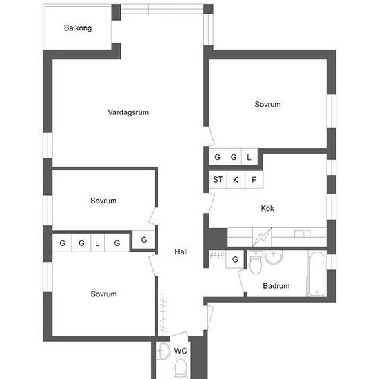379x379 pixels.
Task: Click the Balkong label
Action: click(78, 28)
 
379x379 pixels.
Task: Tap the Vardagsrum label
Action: click(128, 112)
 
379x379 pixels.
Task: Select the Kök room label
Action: click(267, 208)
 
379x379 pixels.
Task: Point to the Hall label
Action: click(181, 252)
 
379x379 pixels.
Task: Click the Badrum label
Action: click(276, 286)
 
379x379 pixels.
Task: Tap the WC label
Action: click(181, 351)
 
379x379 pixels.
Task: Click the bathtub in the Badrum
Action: click(317, 274)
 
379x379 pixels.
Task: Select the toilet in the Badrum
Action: click(255, 263)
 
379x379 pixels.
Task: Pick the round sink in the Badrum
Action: click(274, 257)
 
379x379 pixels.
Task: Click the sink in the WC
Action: click(163, 351)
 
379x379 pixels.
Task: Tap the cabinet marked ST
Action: click(218, 180)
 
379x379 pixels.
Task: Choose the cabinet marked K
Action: click(236, 180)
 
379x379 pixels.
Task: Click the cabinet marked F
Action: click(254, 180)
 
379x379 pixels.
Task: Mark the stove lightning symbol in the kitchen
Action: click(262, 237)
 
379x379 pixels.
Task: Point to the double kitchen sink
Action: click(303, 234)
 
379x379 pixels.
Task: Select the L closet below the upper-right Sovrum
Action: click(249, 157)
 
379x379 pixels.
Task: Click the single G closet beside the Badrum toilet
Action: click(235, 259)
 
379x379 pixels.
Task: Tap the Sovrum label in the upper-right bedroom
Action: click(267, 105)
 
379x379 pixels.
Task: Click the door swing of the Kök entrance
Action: click(212, 203)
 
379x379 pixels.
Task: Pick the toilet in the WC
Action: click(181, 369)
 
